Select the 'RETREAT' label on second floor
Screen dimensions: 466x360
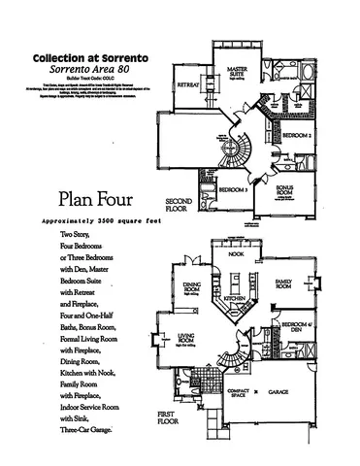187,85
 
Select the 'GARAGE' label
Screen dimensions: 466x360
281,392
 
